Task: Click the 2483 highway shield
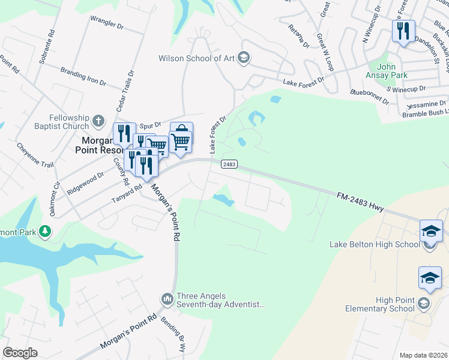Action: pyautogui.click(x=229, y=164)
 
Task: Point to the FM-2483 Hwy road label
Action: pyautogui.click(x=360, y=200)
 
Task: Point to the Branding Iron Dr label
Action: pyautogui.click(x=83, y=76)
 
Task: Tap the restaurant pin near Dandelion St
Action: pyautogui.click(x=403, y=31)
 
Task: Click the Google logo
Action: pyautogui.click(x=20, y=352)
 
